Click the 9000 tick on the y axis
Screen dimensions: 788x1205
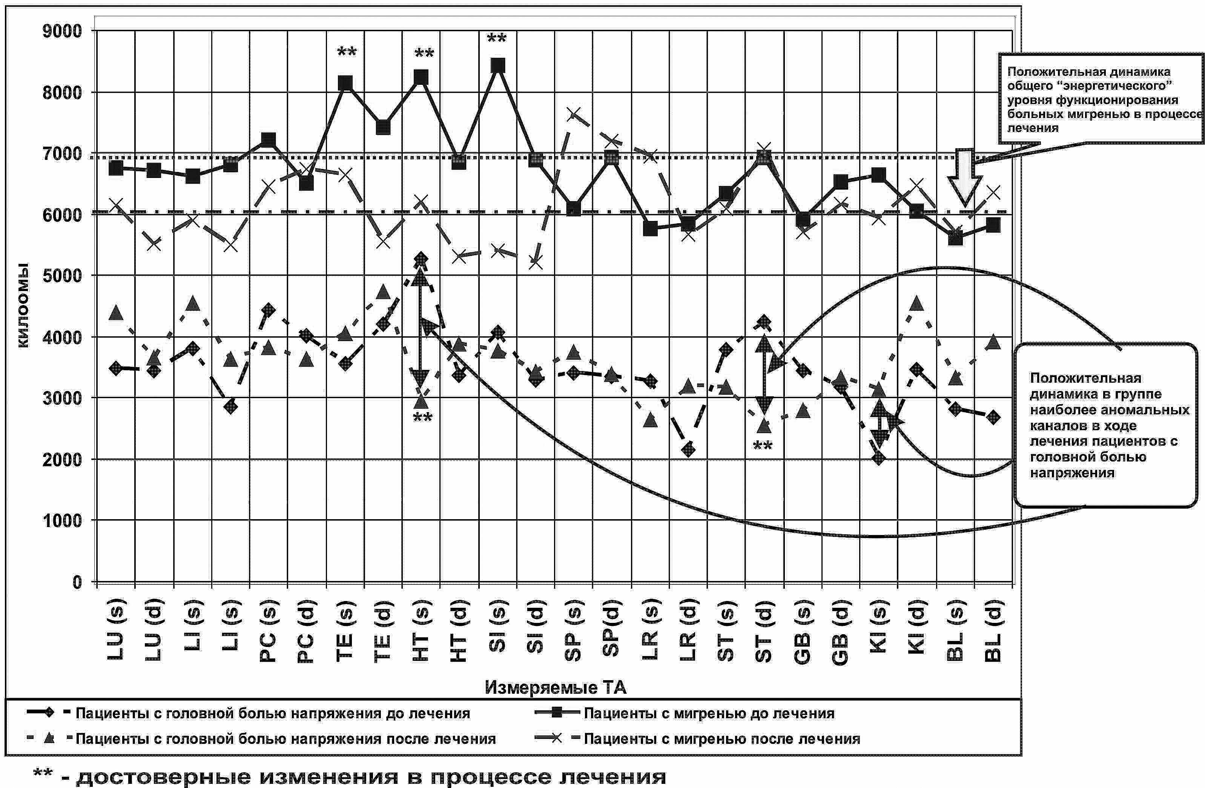pos(62,31)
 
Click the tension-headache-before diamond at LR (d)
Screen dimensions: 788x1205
pos(688,449)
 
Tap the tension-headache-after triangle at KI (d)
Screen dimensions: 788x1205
pos(916,304)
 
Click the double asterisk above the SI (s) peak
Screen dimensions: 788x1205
pos(497,38)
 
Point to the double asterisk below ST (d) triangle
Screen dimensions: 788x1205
pos(763,446)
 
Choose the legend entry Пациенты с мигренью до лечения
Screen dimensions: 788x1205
pos(709,714)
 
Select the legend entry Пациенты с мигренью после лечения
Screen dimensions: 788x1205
pos(721,739)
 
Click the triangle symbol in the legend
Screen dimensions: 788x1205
pos(49,738)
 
